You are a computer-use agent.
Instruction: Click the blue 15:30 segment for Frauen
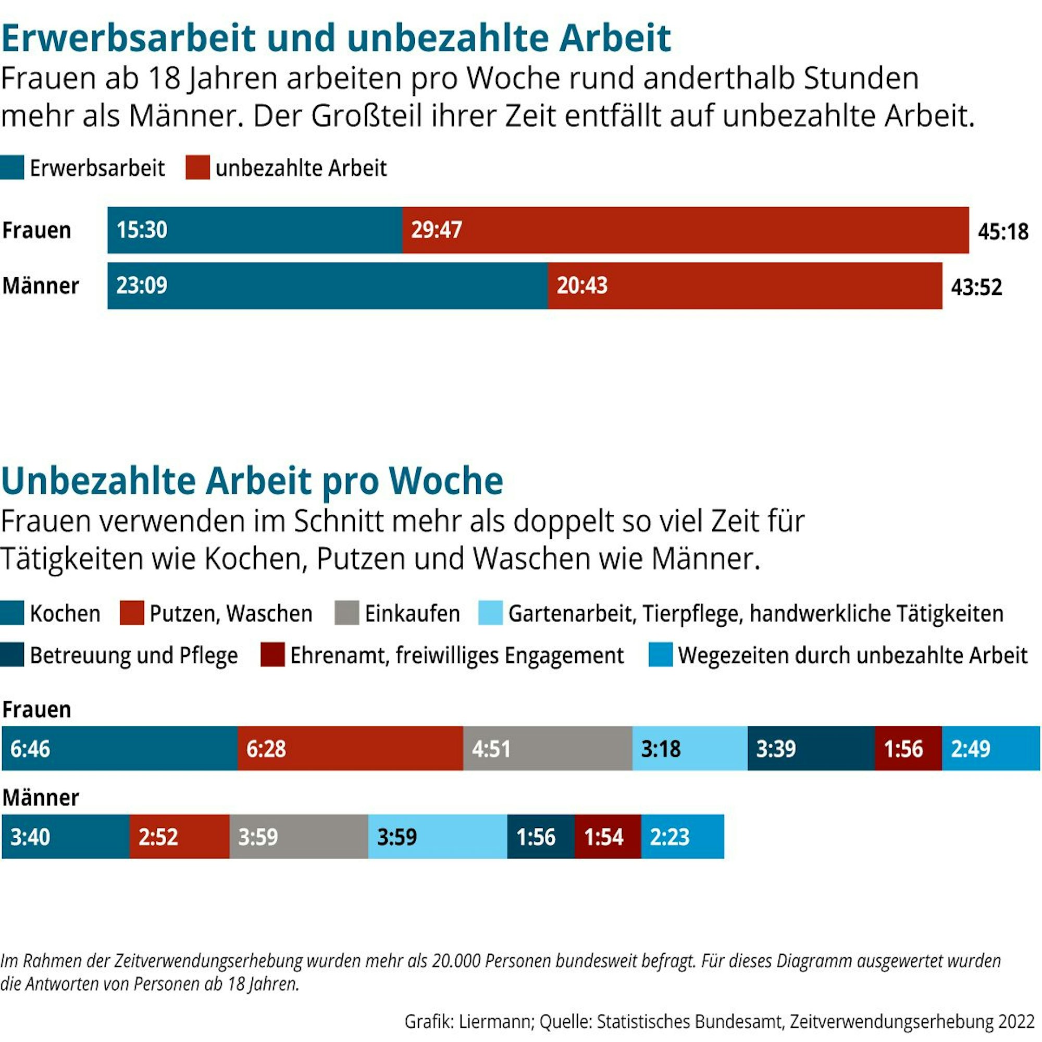tap(255, 230)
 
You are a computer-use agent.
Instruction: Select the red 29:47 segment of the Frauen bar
tap(685, 230)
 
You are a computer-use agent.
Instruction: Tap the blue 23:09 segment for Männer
tap(327, 286)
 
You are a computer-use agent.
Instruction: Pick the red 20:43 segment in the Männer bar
tap(745, 286)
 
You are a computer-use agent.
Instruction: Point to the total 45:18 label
tap(1002, 231)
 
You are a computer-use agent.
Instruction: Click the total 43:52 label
tap(976, 287)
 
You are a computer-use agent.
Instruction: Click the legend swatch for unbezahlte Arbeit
tap(197, 168)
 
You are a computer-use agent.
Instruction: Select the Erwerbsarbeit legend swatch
tap(12, 168)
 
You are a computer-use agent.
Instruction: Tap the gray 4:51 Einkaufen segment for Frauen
tap(547, 748)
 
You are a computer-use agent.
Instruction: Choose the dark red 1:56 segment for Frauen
tap(908, 748)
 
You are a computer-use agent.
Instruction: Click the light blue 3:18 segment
tap(689, 748)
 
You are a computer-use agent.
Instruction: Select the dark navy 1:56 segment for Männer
tap(540, 837)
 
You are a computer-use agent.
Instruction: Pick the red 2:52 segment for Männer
tap(179, 837)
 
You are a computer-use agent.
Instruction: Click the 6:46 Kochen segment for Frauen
tap(119, 748)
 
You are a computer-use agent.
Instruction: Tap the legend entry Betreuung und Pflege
tap(133, 655)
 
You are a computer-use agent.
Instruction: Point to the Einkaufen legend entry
tap(412, 614)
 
